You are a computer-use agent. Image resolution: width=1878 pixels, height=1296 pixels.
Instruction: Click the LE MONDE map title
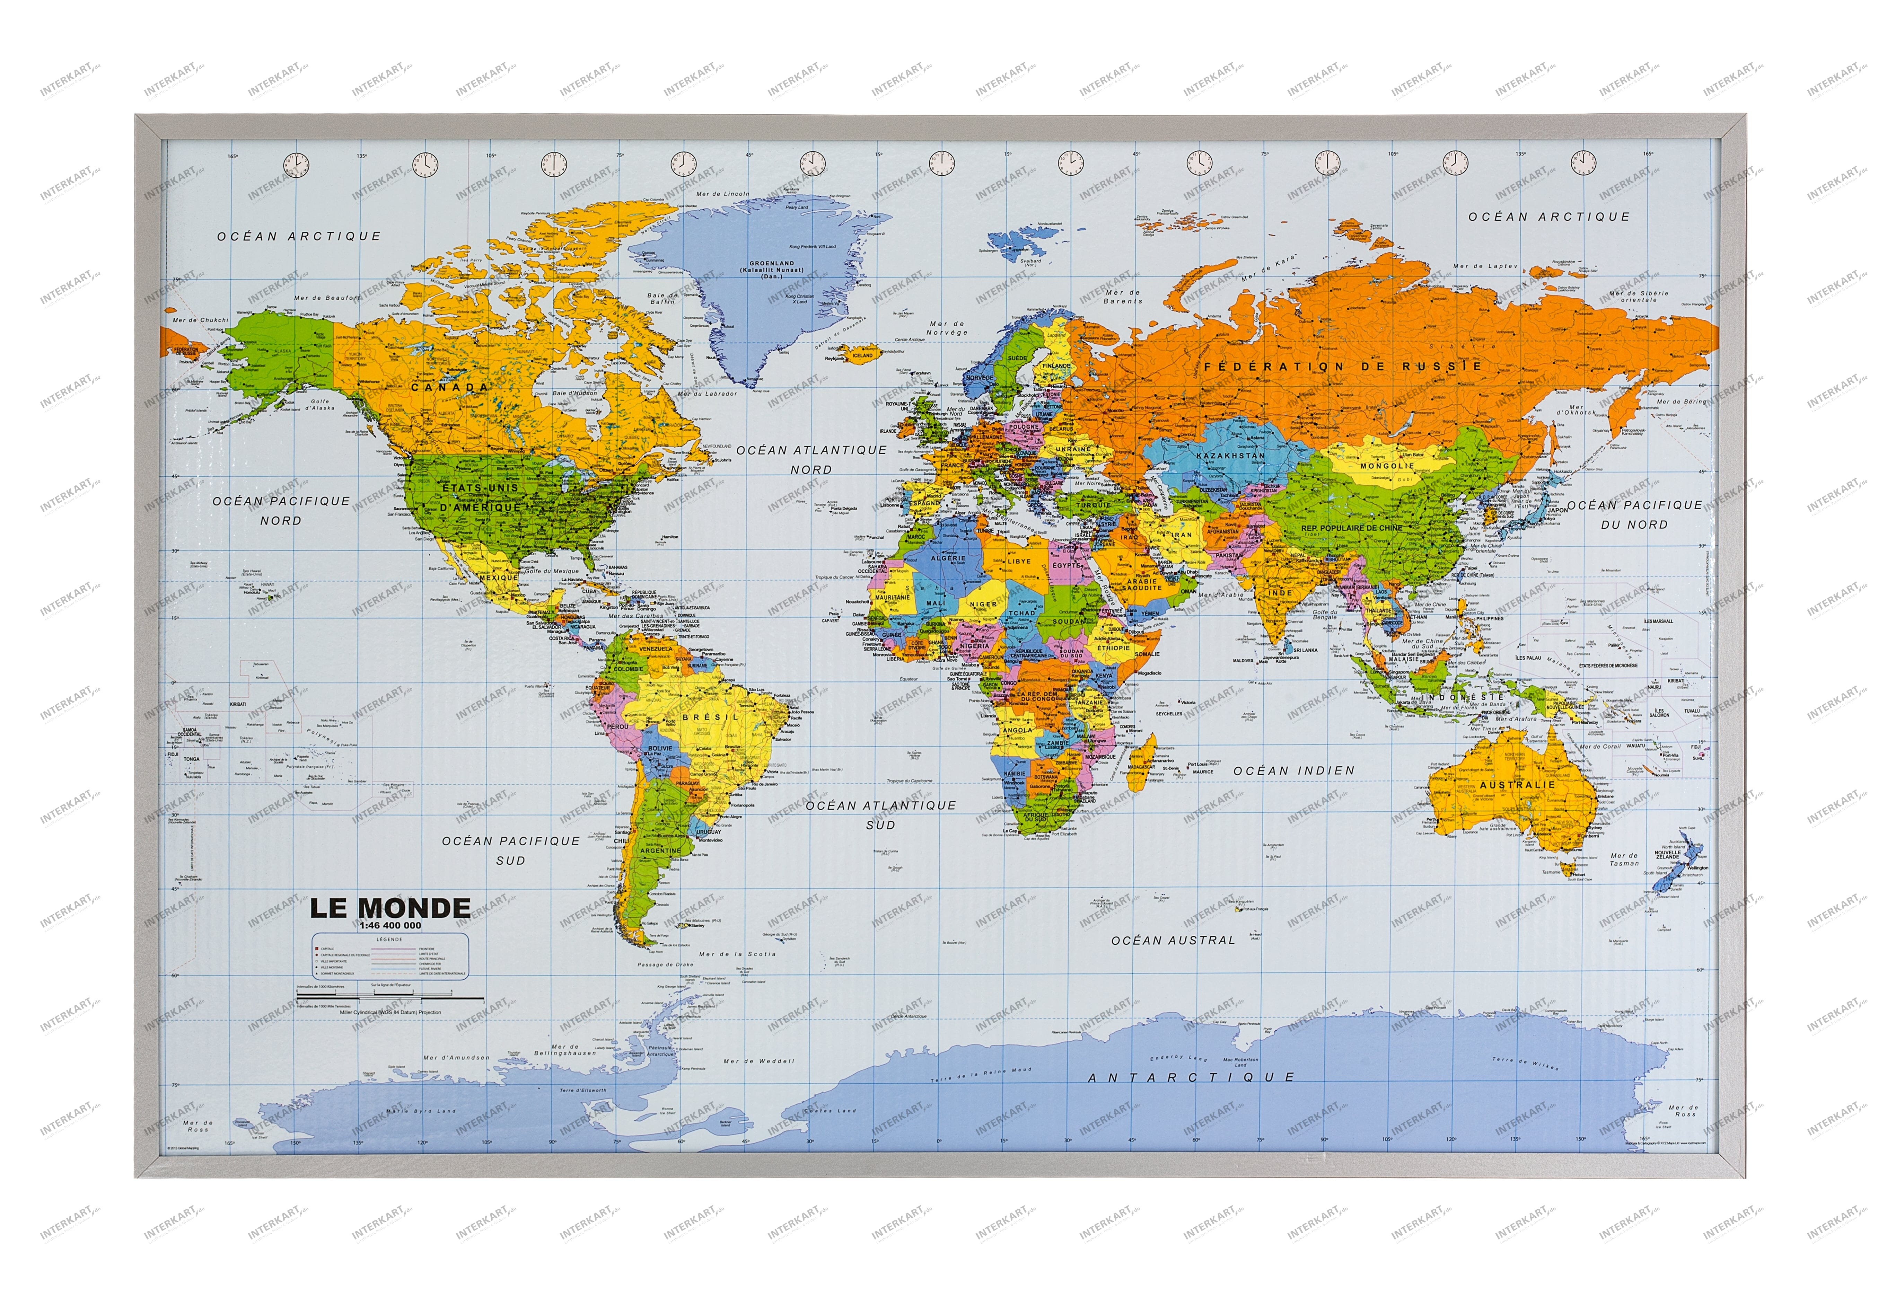pos(390,907)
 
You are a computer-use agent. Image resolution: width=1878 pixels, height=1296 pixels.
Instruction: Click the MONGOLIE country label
pos(1387,466)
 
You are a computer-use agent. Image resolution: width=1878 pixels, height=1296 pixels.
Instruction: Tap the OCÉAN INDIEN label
pos(1293,770)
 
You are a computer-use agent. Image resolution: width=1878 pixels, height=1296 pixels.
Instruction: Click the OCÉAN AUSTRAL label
pos(1173,940)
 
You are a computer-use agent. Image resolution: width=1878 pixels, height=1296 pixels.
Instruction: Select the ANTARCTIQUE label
pos(1191,1077)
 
